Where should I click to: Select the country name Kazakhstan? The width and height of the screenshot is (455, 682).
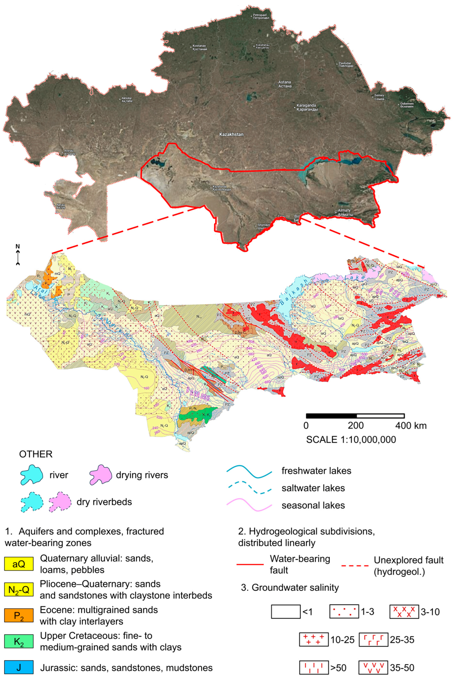pos(231,134)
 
